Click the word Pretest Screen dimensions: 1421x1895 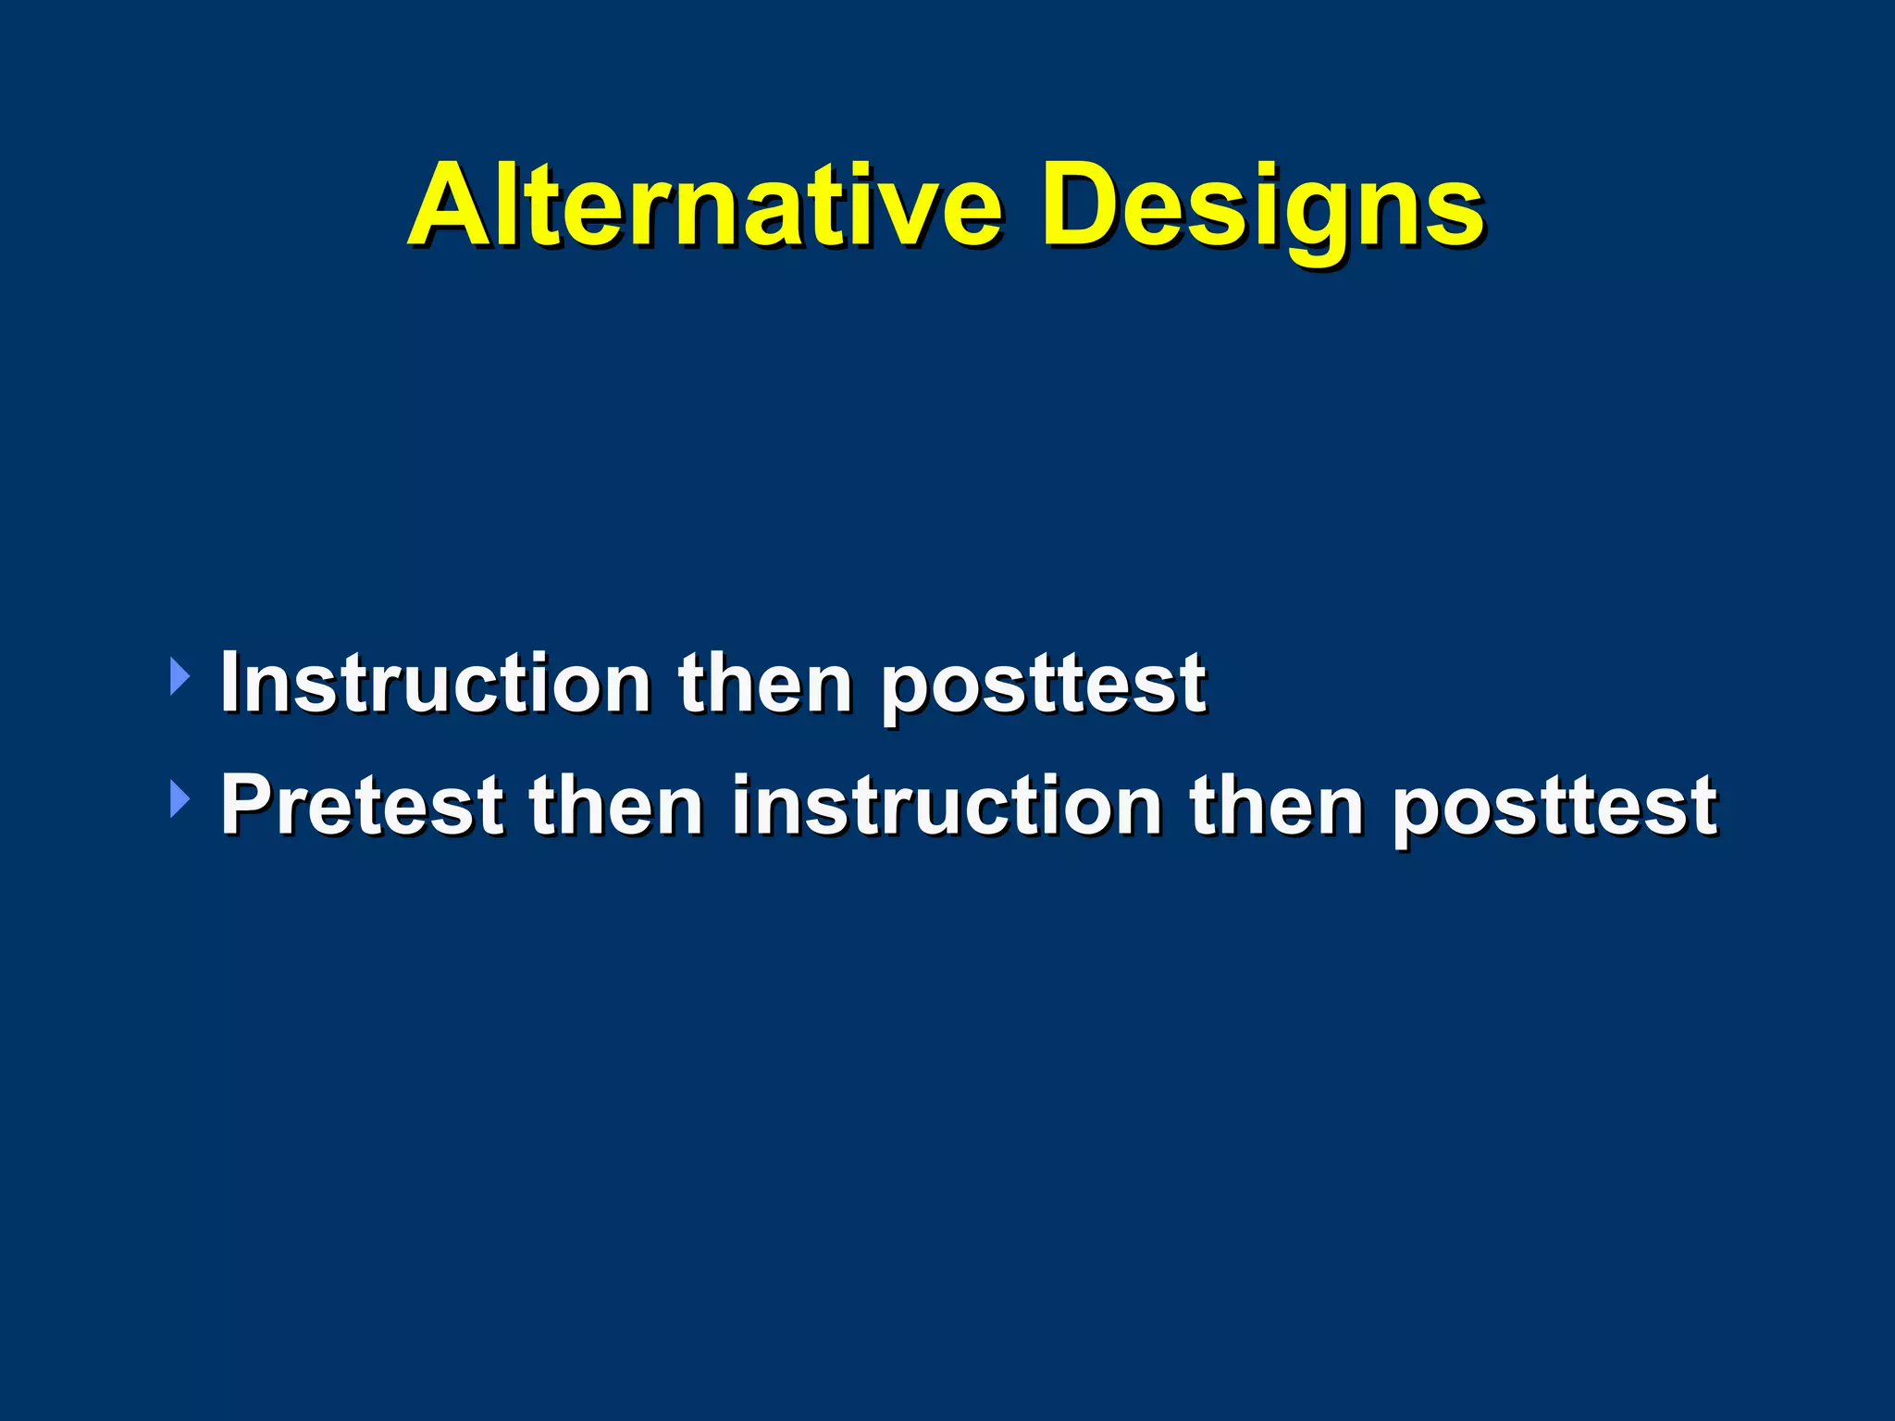(362, 805)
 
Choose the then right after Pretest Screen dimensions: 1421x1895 (615, 805)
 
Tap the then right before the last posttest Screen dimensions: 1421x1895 (1277, 805)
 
